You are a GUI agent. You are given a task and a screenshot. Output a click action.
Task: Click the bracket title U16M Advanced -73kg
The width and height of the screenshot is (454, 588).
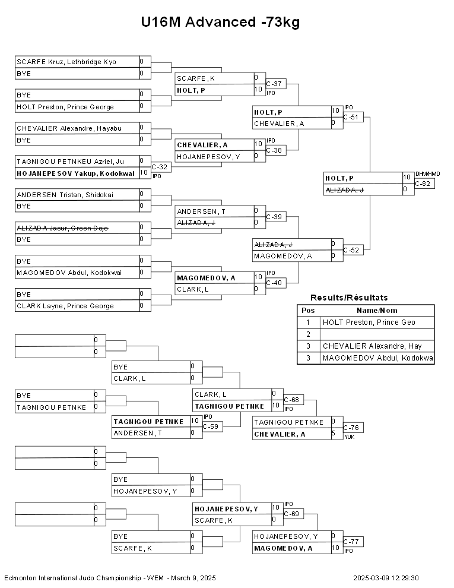(x=220, y=23)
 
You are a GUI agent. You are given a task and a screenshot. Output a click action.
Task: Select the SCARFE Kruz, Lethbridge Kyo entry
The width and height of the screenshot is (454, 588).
(x=66, y=62)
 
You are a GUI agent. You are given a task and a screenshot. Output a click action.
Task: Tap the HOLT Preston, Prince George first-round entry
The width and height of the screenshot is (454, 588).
(x=65, y=107)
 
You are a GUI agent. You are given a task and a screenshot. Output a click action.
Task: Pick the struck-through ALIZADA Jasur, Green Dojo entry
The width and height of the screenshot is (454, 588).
(x=62, y=227)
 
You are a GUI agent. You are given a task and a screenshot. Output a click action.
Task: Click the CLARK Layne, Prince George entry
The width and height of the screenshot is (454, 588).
(x=65, y=306)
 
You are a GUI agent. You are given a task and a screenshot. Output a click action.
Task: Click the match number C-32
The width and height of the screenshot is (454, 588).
(x=160, y=167)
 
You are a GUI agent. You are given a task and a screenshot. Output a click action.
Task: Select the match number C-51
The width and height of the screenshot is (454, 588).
(x=353, y=118)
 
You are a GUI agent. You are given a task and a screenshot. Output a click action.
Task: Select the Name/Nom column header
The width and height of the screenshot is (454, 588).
(x=377, y=310)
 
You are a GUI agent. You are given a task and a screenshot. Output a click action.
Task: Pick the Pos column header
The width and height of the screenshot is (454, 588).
(x=308, y=310)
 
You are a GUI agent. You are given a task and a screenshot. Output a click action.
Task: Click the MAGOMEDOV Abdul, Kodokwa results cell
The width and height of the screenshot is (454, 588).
(x=377, y=358)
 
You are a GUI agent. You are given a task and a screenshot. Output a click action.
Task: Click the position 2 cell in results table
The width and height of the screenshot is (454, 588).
(x=308, y=334)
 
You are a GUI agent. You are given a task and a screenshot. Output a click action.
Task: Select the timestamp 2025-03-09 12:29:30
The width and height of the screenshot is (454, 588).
(x=386, y=578)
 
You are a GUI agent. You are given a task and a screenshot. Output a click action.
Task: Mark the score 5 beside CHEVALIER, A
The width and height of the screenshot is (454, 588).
(x=334, y=434)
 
